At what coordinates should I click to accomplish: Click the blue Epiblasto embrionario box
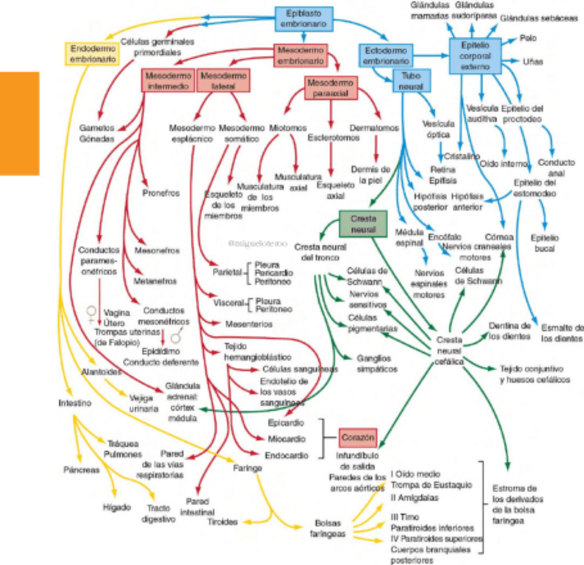tap(304, 19)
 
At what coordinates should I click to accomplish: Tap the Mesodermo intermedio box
tap(168, 79)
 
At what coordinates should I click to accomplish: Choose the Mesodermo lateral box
tap(223, 79)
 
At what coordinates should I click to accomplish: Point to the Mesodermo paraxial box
tap(330, 88)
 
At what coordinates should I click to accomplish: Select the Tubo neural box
tap(411, 80)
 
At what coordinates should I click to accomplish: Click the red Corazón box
tap(358, 438)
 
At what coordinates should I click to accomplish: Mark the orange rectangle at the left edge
tap(19, 123)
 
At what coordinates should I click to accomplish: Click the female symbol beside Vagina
tap(90, 315)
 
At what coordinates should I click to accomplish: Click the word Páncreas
tap(81, 470)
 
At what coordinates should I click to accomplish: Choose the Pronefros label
tap(160, 193)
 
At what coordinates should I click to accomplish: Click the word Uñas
tap(532, 61)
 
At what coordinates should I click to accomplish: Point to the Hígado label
tap(116, 507)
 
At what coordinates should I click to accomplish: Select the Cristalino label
tap(461, 156)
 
